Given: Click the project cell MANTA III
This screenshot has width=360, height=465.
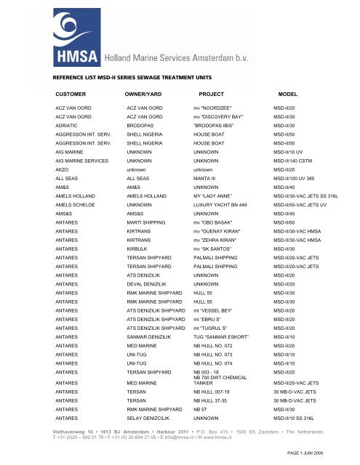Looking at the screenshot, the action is pos(197,179).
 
